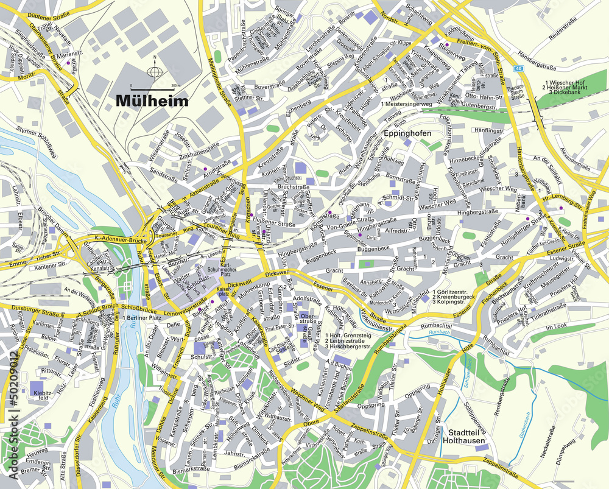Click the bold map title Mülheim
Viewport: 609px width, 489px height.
[x=152, y=101]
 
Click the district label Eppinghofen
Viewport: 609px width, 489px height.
[x=407, y=133]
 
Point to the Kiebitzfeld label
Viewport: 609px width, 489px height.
[x=42, y=395]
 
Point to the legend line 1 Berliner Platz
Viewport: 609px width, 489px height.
[x=144, y=318]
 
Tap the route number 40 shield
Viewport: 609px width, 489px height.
[x=518, y=68]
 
